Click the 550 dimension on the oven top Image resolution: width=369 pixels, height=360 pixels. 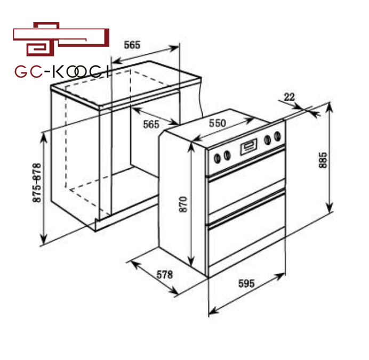pos(218,123)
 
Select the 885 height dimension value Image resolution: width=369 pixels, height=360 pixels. pos(323,160)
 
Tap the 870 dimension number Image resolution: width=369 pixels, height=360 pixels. pos(183,204)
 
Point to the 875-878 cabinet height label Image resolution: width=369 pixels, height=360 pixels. pos(37,183)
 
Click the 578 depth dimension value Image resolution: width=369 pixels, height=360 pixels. pos(165,274)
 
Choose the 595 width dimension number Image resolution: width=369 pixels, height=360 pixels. pos(246,283)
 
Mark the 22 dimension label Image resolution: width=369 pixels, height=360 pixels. pos(289,97)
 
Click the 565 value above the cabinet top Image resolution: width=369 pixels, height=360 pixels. pos(132,45)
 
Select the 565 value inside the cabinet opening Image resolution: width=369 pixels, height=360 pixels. pos(151,124)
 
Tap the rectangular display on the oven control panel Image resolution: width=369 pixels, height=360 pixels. pos(248,146)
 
